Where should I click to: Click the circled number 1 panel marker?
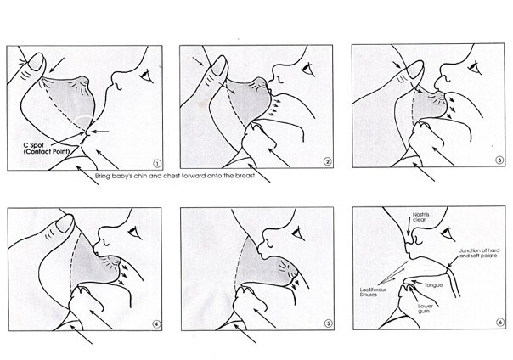[157, 164]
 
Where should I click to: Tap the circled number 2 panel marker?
[327, 161]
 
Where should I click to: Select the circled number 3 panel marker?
[499, 160]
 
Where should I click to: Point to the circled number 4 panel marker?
[157, 324]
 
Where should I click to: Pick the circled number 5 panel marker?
[328, 323]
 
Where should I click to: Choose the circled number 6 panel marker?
[500, 323]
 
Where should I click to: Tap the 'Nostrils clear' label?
[420, 217]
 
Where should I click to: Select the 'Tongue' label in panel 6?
[434, 285]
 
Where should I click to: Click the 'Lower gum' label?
[426, 309]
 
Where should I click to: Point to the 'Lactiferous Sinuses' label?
[373, 292]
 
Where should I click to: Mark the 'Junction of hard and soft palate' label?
[479, 253]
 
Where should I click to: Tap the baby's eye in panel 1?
[146, 76]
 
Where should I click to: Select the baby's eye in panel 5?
[298, 233]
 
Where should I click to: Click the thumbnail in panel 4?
[65, 223]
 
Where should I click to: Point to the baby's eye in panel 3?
[475, 68]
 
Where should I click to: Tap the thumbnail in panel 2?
[218, 65]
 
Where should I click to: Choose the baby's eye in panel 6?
[447, 233]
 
